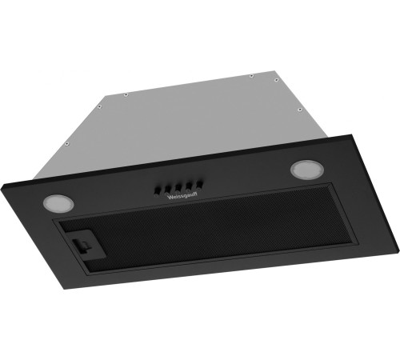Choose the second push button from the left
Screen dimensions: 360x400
click(x=166, y=186)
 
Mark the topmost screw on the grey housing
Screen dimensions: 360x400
click(x=252, y=76)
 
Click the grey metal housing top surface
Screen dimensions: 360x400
click(x=200, y=112)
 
